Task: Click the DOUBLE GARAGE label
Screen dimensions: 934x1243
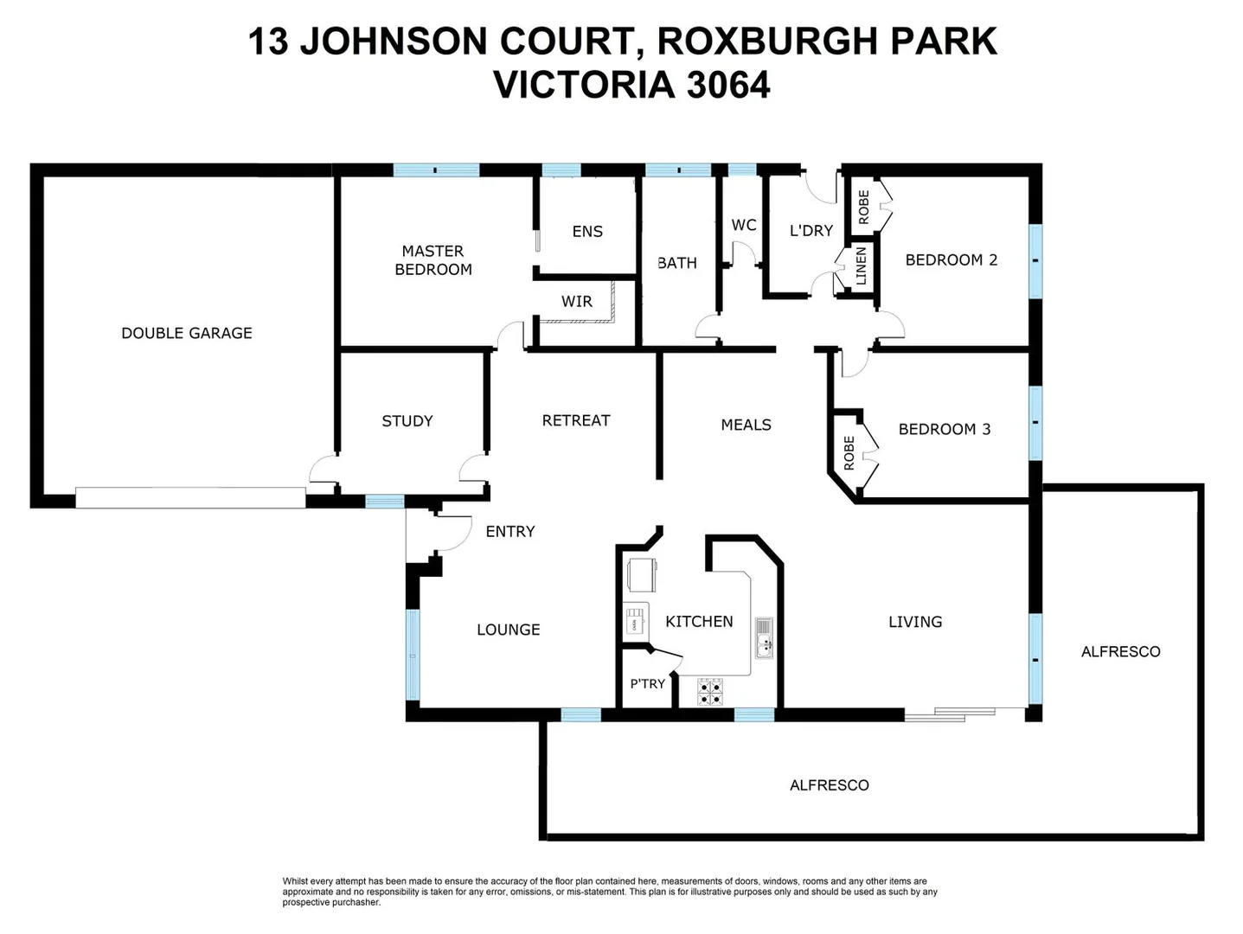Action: point(187,333)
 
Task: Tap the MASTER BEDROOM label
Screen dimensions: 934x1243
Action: point(433,260)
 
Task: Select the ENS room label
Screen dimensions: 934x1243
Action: point(587,231)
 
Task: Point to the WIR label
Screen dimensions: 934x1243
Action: point(577,301)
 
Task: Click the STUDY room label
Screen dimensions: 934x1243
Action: point(407,421)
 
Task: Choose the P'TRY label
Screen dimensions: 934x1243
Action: point(648,684)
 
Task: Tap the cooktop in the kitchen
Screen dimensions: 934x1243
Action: point(710,692)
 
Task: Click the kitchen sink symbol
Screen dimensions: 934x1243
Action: point(764,637)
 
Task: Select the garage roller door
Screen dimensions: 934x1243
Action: point(190,497)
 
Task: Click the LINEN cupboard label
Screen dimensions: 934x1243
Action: point(861,266)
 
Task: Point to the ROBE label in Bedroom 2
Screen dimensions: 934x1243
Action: point(863,208)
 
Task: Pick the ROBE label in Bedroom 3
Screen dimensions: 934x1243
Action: point(849,453)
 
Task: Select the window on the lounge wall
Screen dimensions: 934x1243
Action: point(413,655)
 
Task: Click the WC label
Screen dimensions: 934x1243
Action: point(744,225)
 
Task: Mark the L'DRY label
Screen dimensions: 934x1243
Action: point(811,231)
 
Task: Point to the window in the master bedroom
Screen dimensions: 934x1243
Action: point(436,170)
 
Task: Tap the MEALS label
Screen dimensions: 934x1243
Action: point(746,425)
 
